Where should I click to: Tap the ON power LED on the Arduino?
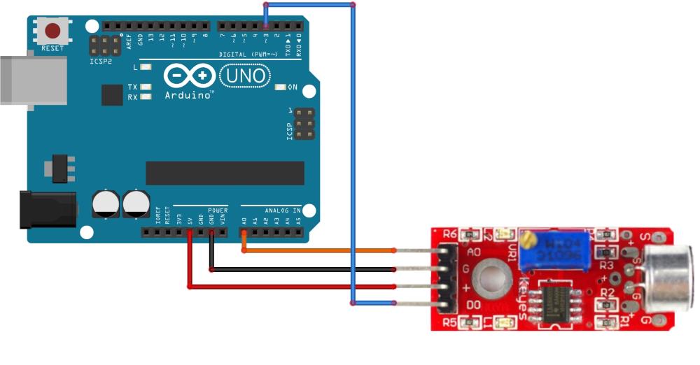pyautogui.click(x=281, y=87)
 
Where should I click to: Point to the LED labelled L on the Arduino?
pyautogui.click(x=146, y=67)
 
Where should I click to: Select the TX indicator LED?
pyautogui.click(x=146, y=87)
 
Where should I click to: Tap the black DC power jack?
pyautogui.click(x=45, y=210)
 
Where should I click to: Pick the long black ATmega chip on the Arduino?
pyautogui.click(x=225, y=173)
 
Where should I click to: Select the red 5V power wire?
pyautogui.click(x=280, y=286)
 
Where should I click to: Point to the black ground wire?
pyautogui.click(x=301, y=269)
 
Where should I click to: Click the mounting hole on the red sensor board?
pyautogui.click(x=489, y=277)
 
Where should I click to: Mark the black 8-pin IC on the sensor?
pyautogui.click(x=558, y=301)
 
